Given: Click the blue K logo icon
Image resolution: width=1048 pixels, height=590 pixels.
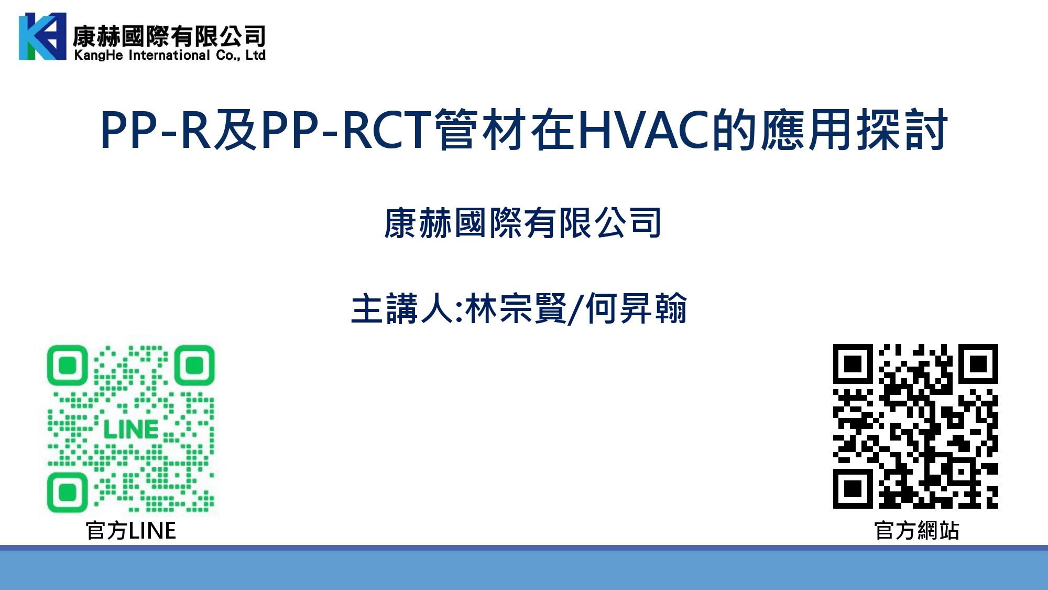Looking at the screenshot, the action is click(x=42, y=36).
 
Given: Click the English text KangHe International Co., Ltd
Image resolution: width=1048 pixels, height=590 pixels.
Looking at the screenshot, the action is click(x=170, y=55).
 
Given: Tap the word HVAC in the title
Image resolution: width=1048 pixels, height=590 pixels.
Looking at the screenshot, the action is click(x=645, y=130).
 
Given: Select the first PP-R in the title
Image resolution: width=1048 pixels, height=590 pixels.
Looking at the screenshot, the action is click(x=155, y=130).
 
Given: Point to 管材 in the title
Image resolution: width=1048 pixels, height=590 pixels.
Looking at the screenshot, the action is click(x=481, y=130).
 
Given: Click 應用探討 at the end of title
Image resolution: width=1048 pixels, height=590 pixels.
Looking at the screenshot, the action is click(x=855, y=130).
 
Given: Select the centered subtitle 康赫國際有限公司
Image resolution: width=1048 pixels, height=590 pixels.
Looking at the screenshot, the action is click(x=522, y=223).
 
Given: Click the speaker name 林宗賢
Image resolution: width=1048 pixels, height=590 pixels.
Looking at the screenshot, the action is click(x=516, y=308).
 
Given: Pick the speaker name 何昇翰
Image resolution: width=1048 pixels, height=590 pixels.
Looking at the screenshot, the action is click(x=636, y=308).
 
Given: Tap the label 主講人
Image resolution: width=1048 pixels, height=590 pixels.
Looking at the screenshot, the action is click(x=402, y=308).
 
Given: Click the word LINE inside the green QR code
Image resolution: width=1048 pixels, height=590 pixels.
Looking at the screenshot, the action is click(x=130, y=430).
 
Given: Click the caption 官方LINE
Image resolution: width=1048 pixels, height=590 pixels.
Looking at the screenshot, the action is click(x=131, y=530).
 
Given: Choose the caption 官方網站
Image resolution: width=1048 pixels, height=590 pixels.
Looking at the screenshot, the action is click(x=916, y=530).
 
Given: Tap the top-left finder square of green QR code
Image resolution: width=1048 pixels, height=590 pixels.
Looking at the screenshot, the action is click(x=67, y=365).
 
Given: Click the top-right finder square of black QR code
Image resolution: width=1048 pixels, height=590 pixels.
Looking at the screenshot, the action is click(x=978, y=363).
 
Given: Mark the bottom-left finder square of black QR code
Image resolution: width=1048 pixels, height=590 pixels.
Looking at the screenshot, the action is click(x=853, y=489).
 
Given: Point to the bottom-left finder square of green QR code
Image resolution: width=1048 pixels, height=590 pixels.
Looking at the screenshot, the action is click(x=67, y=492).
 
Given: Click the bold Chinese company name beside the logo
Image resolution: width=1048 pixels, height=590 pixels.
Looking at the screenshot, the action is click(x=169, y=36).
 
